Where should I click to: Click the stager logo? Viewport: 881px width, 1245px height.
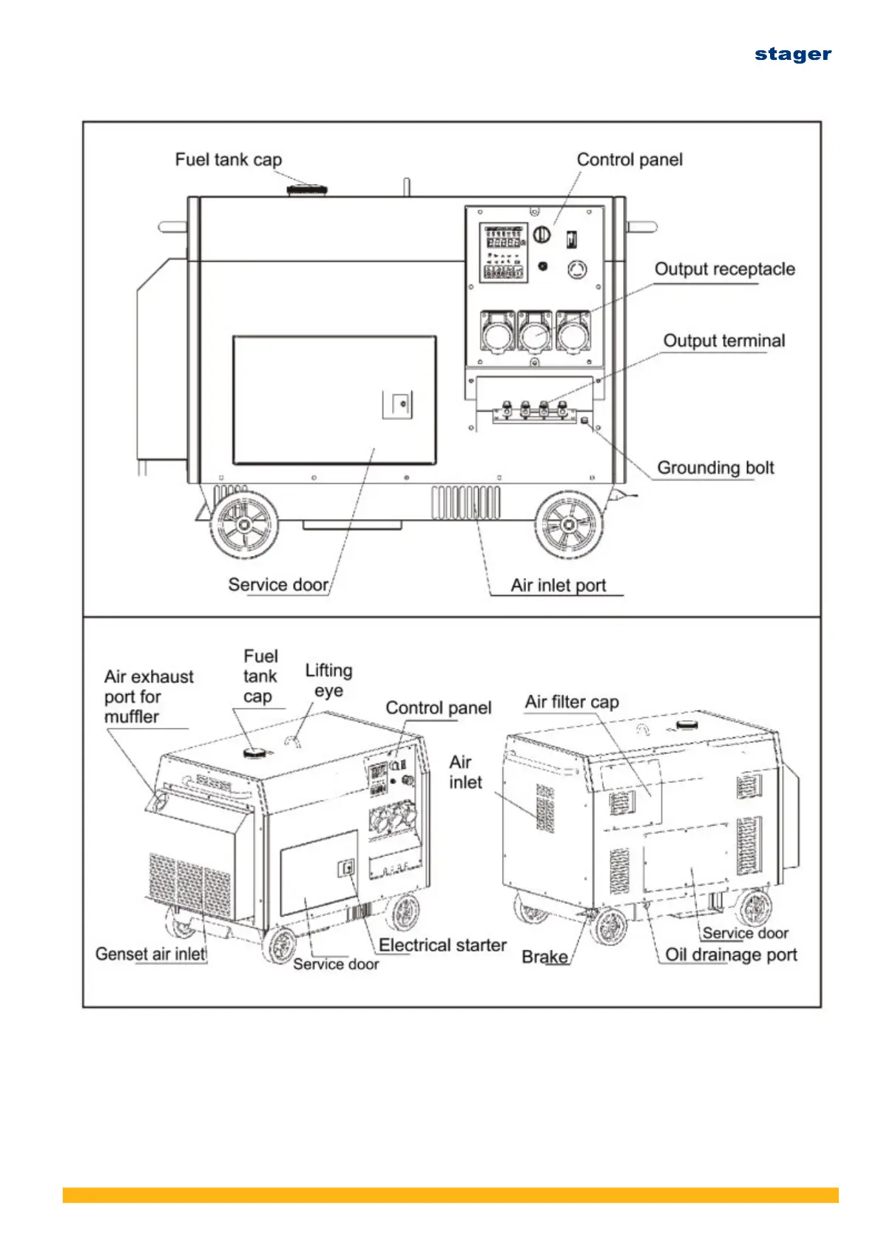pos(792,55)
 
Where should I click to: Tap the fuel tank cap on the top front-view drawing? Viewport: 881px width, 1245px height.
pos(306,189)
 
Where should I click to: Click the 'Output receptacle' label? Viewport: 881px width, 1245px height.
pos(724,269)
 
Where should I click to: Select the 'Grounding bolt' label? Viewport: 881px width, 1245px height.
pos(715,467)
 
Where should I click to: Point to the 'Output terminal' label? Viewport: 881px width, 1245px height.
pos(724,340)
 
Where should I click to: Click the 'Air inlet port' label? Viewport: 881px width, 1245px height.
pos(558,586)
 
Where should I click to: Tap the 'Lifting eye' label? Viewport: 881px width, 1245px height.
pos(328,680)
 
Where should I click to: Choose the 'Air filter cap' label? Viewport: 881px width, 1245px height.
pos(571,702)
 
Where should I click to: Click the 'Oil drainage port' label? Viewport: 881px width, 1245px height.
pos(731,954)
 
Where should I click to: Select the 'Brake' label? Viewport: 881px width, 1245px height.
pos(544,957)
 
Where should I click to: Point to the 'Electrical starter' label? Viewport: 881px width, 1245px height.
pos(442,945)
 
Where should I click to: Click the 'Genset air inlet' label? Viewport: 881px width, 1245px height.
pos(150,954)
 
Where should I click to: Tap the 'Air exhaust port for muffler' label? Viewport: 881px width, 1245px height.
pos(149,696)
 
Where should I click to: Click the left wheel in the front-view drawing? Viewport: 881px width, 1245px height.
pos(244,525)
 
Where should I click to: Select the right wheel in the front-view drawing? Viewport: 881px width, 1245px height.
pos(568,524)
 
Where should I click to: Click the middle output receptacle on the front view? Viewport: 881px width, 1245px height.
pos(535,332)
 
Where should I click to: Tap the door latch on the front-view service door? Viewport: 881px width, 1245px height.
pos(397,404)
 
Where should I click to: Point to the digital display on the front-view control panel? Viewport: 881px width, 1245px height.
pos(504,253)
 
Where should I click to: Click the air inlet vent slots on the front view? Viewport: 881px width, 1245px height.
pos(465,503)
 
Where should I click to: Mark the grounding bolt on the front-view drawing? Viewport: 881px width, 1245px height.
pos(584,421)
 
